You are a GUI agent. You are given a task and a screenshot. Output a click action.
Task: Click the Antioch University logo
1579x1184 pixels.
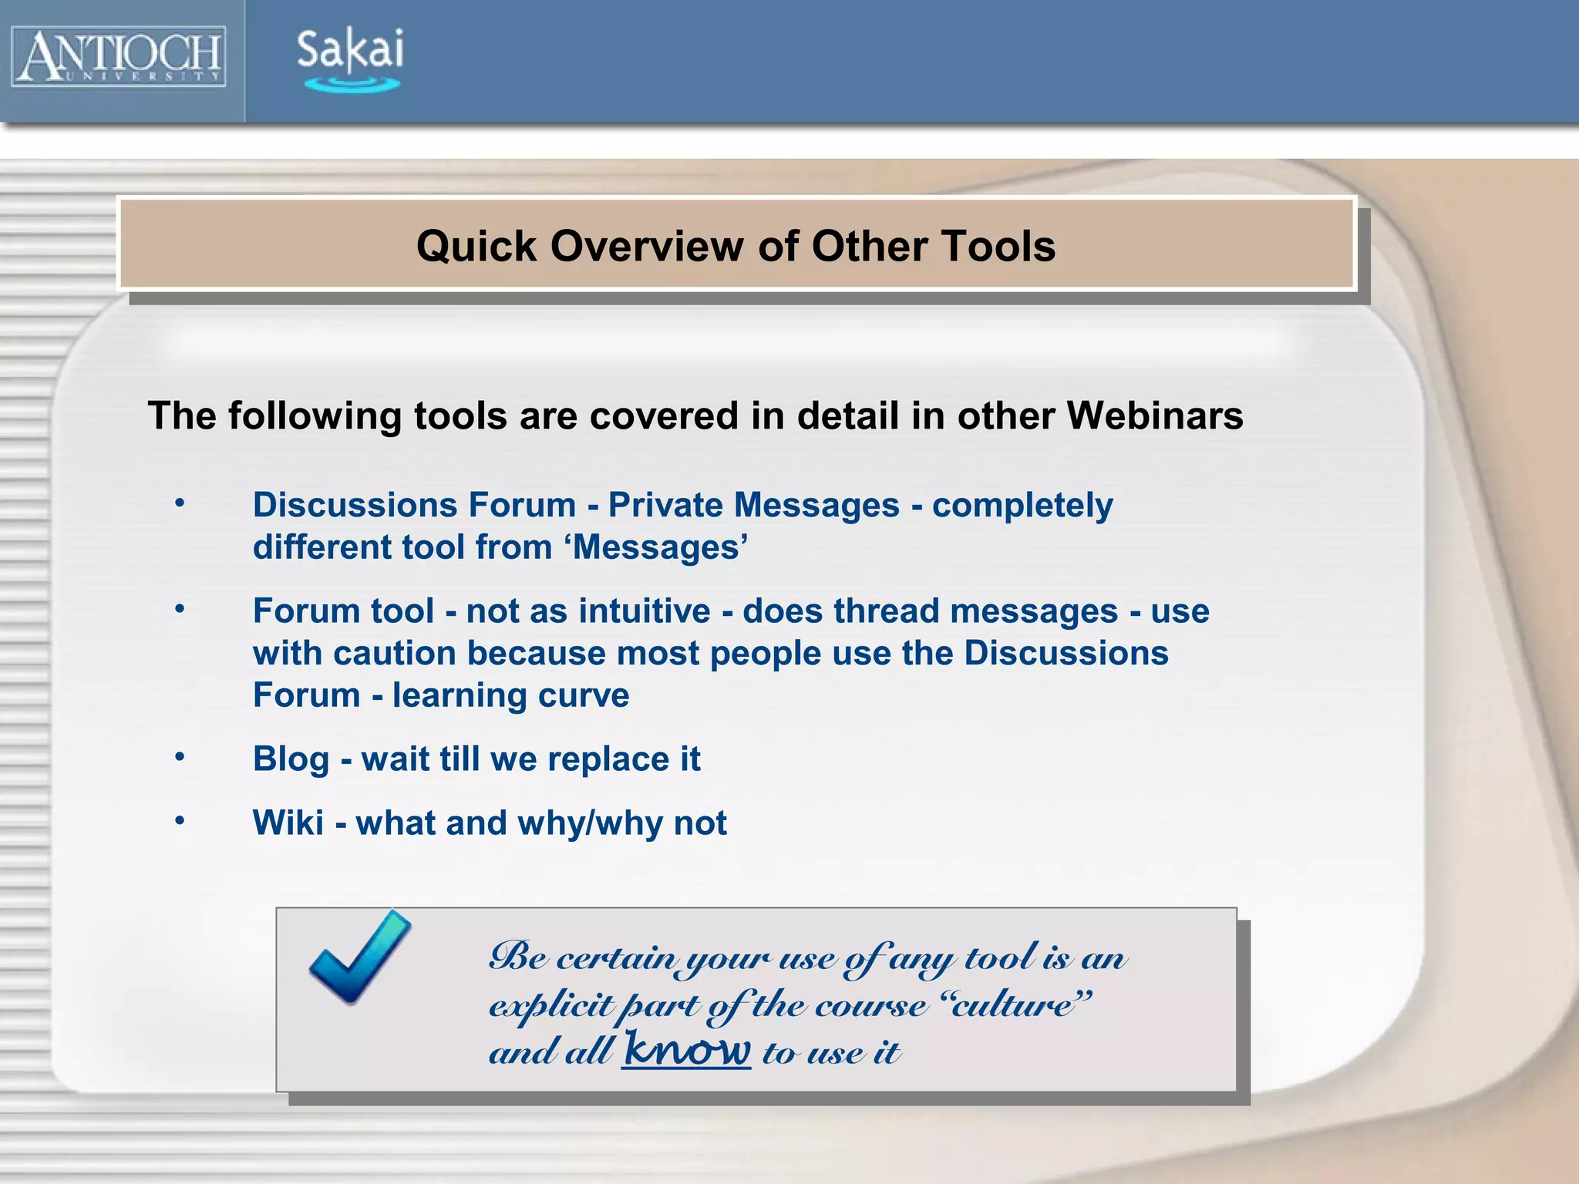pyautogui.click(x=119, y=56)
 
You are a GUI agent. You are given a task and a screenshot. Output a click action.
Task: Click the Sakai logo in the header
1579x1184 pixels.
pyautogui.click(x=350, y=59)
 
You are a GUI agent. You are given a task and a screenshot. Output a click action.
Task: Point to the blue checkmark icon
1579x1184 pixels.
pyautogui.click(x=359, y=957)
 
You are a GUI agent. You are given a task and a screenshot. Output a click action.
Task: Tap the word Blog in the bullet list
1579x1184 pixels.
pyautogui.click(x=291, y=759)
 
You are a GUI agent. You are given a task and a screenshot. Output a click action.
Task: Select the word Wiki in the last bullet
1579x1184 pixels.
pyautogui.click(x=288, y=823)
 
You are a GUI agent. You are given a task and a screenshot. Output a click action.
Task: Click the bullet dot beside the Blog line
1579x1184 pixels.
pyautogui.click(x=180, y=757)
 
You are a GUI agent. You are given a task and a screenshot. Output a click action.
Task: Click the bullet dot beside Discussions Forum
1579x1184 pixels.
pyautogui.click(x=180, y=503)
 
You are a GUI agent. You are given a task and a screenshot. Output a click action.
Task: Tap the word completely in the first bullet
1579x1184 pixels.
pyautogui.click(x=1022, y=506)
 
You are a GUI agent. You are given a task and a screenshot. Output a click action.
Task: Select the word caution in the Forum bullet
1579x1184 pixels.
pyautogui.click(x=394, y=654)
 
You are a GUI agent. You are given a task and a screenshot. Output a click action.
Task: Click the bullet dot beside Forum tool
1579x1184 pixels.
pyautogui.click(x=180, y=609)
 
